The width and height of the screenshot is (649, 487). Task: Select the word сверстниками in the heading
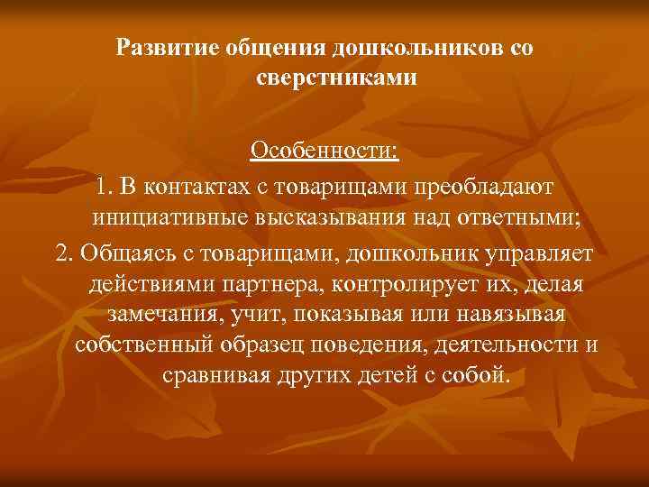336,78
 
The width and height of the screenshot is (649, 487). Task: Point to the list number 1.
105,185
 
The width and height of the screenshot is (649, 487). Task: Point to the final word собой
478,376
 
